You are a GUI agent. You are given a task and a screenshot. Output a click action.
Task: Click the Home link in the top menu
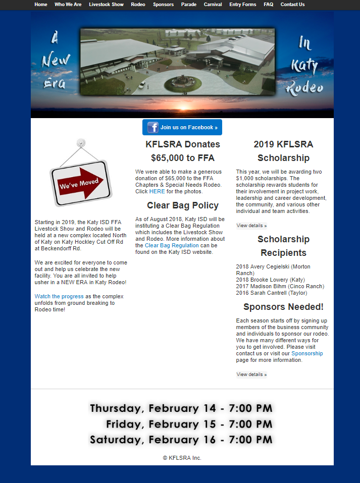[x=41, y=5]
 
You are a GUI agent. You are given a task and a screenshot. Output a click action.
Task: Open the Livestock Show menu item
[x=106, y=5]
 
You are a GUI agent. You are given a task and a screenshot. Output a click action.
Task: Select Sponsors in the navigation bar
[x=163, y=5]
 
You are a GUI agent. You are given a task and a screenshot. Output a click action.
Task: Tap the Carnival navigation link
[x=213, y=5]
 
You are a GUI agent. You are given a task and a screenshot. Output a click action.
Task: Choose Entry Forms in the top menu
[x=242, y=5]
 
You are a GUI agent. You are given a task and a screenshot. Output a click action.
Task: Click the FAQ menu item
[x=268, y=5]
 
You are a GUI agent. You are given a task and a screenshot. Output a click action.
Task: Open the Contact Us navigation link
[x=292, y=5]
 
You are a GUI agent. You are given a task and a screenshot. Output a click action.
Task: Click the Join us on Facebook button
[x=182, y=127]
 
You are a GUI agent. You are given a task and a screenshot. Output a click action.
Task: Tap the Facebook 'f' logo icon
[x=153, y=127]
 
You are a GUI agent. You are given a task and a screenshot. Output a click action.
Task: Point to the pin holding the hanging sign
[x=81, y=143]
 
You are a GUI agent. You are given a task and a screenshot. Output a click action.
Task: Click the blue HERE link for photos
[x=157, y=192]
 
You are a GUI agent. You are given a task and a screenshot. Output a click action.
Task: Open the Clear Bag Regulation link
[x=172, y=245]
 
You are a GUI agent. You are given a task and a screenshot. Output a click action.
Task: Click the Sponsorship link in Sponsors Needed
[x=307, y=354]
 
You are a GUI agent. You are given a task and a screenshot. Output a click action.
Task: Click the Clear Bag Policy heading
[x=183, y=205]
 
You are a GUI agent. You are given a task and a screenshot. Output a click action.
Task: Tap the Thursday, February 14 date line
[x=181, y=408]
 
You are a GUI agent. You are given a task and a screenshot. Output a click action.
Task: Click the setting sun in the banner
[x=182, y=107]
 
